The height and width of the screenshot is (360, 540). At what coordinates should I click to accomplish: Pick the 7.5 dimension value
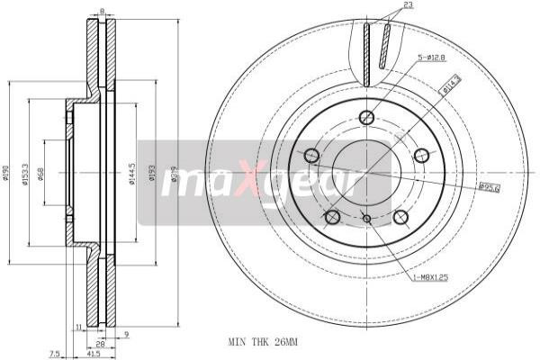click(x=56, y=352)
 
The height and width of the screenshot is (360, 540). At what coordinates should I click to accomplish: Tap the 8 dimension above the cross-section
click(x=102, y=11)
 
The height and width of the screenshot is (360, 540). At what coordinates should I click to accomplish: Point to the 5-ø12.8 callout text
click(x=431, y=59)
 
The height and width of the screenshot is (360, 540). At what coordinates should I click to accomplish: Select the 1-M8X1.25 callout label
click(x=431, y=278)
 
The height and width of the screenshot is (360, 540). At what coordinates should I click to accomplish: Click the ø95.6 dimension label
click(x=490, y=188)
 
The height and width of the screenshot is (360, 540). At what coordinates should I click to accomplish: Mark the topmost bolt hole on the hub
click(x=366, y=117)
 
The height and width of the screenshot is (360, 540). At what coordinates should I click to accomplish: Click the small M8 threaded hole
click(x=366, y=218)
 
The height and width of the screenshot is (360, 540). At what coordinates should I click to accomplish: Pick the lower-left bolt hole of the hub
click(x=332, y=217)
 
